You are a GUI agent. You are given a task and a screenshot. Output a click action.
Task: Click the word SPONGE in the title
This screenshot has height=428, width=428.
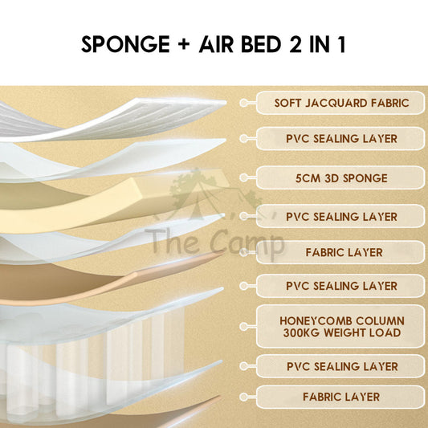click(x=125, y=44)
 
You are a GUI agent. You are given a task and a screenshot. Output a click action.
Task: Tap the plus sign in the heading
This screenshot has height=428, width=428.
click(x=184, y=44)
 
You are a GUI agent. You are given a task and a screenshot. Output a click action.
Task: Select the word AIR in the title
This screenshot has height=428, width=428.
click(x=216, y=44)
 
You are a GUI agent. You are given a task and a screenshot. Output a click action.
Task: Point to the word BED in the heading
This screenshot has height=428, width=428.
click(x=261, y=44)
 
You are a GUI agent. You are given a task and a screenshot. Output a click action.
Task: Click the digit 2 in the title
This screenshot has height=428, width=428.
click(x=295, y=44)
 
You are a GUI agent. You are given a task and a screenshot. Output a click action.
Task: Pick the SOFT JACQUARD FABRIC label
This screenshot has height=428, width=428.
click(x=342, y=103)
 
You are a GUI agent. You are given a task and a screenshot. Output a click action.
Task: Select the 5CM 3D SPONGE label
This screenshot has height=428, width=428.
click(x=341, y=178)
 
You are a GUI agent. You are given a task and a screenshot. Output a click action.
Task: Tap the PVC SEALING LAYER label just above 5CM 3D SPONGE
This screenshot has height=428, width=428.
click(x=341, y=139)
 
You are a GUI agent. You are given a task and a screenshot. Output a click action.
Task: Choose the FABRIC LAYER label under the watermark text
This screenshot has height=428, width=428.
click(x=344, y=252)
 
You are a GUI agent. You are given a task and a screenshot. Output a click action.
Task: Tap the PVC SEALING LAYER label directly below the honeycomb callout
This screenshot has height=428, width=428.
click(x=342, y=367)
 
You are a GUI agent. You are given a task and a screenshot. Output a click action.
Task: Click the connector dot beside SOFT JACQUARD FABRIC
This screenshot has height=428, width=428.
click(x=244, y=103)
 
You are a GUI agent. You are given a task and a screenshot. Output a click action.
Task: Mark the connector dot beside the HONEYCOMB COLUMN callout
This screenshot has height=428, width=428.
click(x=244, y=327)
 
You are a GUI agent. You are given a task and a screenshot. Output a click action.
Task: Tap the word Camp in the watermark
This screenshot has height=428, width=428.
click(x=247, y=243)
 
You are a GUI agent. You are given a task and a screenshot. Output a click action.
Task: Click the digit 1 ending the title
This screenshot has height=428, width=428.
click(x=342, y=44)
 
